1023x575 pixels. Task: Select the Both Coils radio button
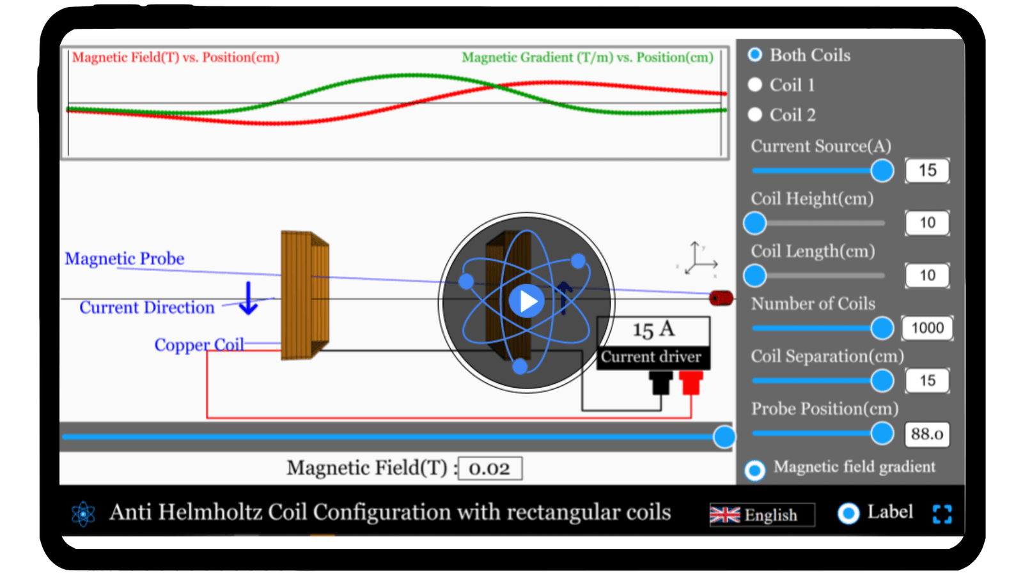tap(755, 55)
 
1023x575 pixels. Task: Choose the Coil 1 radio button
tap(755, 84)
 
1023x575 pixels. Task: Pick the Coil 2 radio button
tap(755, 114)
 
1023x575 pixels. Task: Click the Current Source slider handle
tap(882, 171)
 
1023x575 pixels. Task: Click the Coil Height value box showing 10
tap(927, 223)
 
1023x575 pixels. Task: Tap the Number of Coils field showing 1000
tap(927, 328)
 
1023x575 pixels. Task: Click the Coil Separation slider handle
tap(882, 381)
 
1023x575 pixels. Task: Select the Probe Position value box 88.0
tap(927, 434)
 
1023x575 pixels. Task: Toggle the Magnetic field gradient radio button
tap(755, 470)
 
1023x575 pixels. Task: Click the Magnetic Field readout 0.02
tap(490, 468)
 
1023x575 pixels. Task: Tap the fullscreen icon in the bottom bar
tap(942, 514)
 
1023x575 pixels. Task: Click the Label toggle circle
tap(848, 513)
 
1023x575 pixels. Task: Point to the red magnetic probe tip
tap(721, 298)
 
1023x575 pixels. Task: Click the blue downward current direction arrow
tap(248, 299)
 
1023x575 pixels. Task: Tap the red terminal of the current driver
tap(691, 383)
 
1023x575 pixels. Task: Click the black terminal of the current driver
tap(660, 383)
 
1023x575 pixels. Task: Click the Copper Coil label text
tap(199, 344)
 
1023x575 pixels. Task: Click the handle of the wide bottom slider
tap(724, 437)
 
